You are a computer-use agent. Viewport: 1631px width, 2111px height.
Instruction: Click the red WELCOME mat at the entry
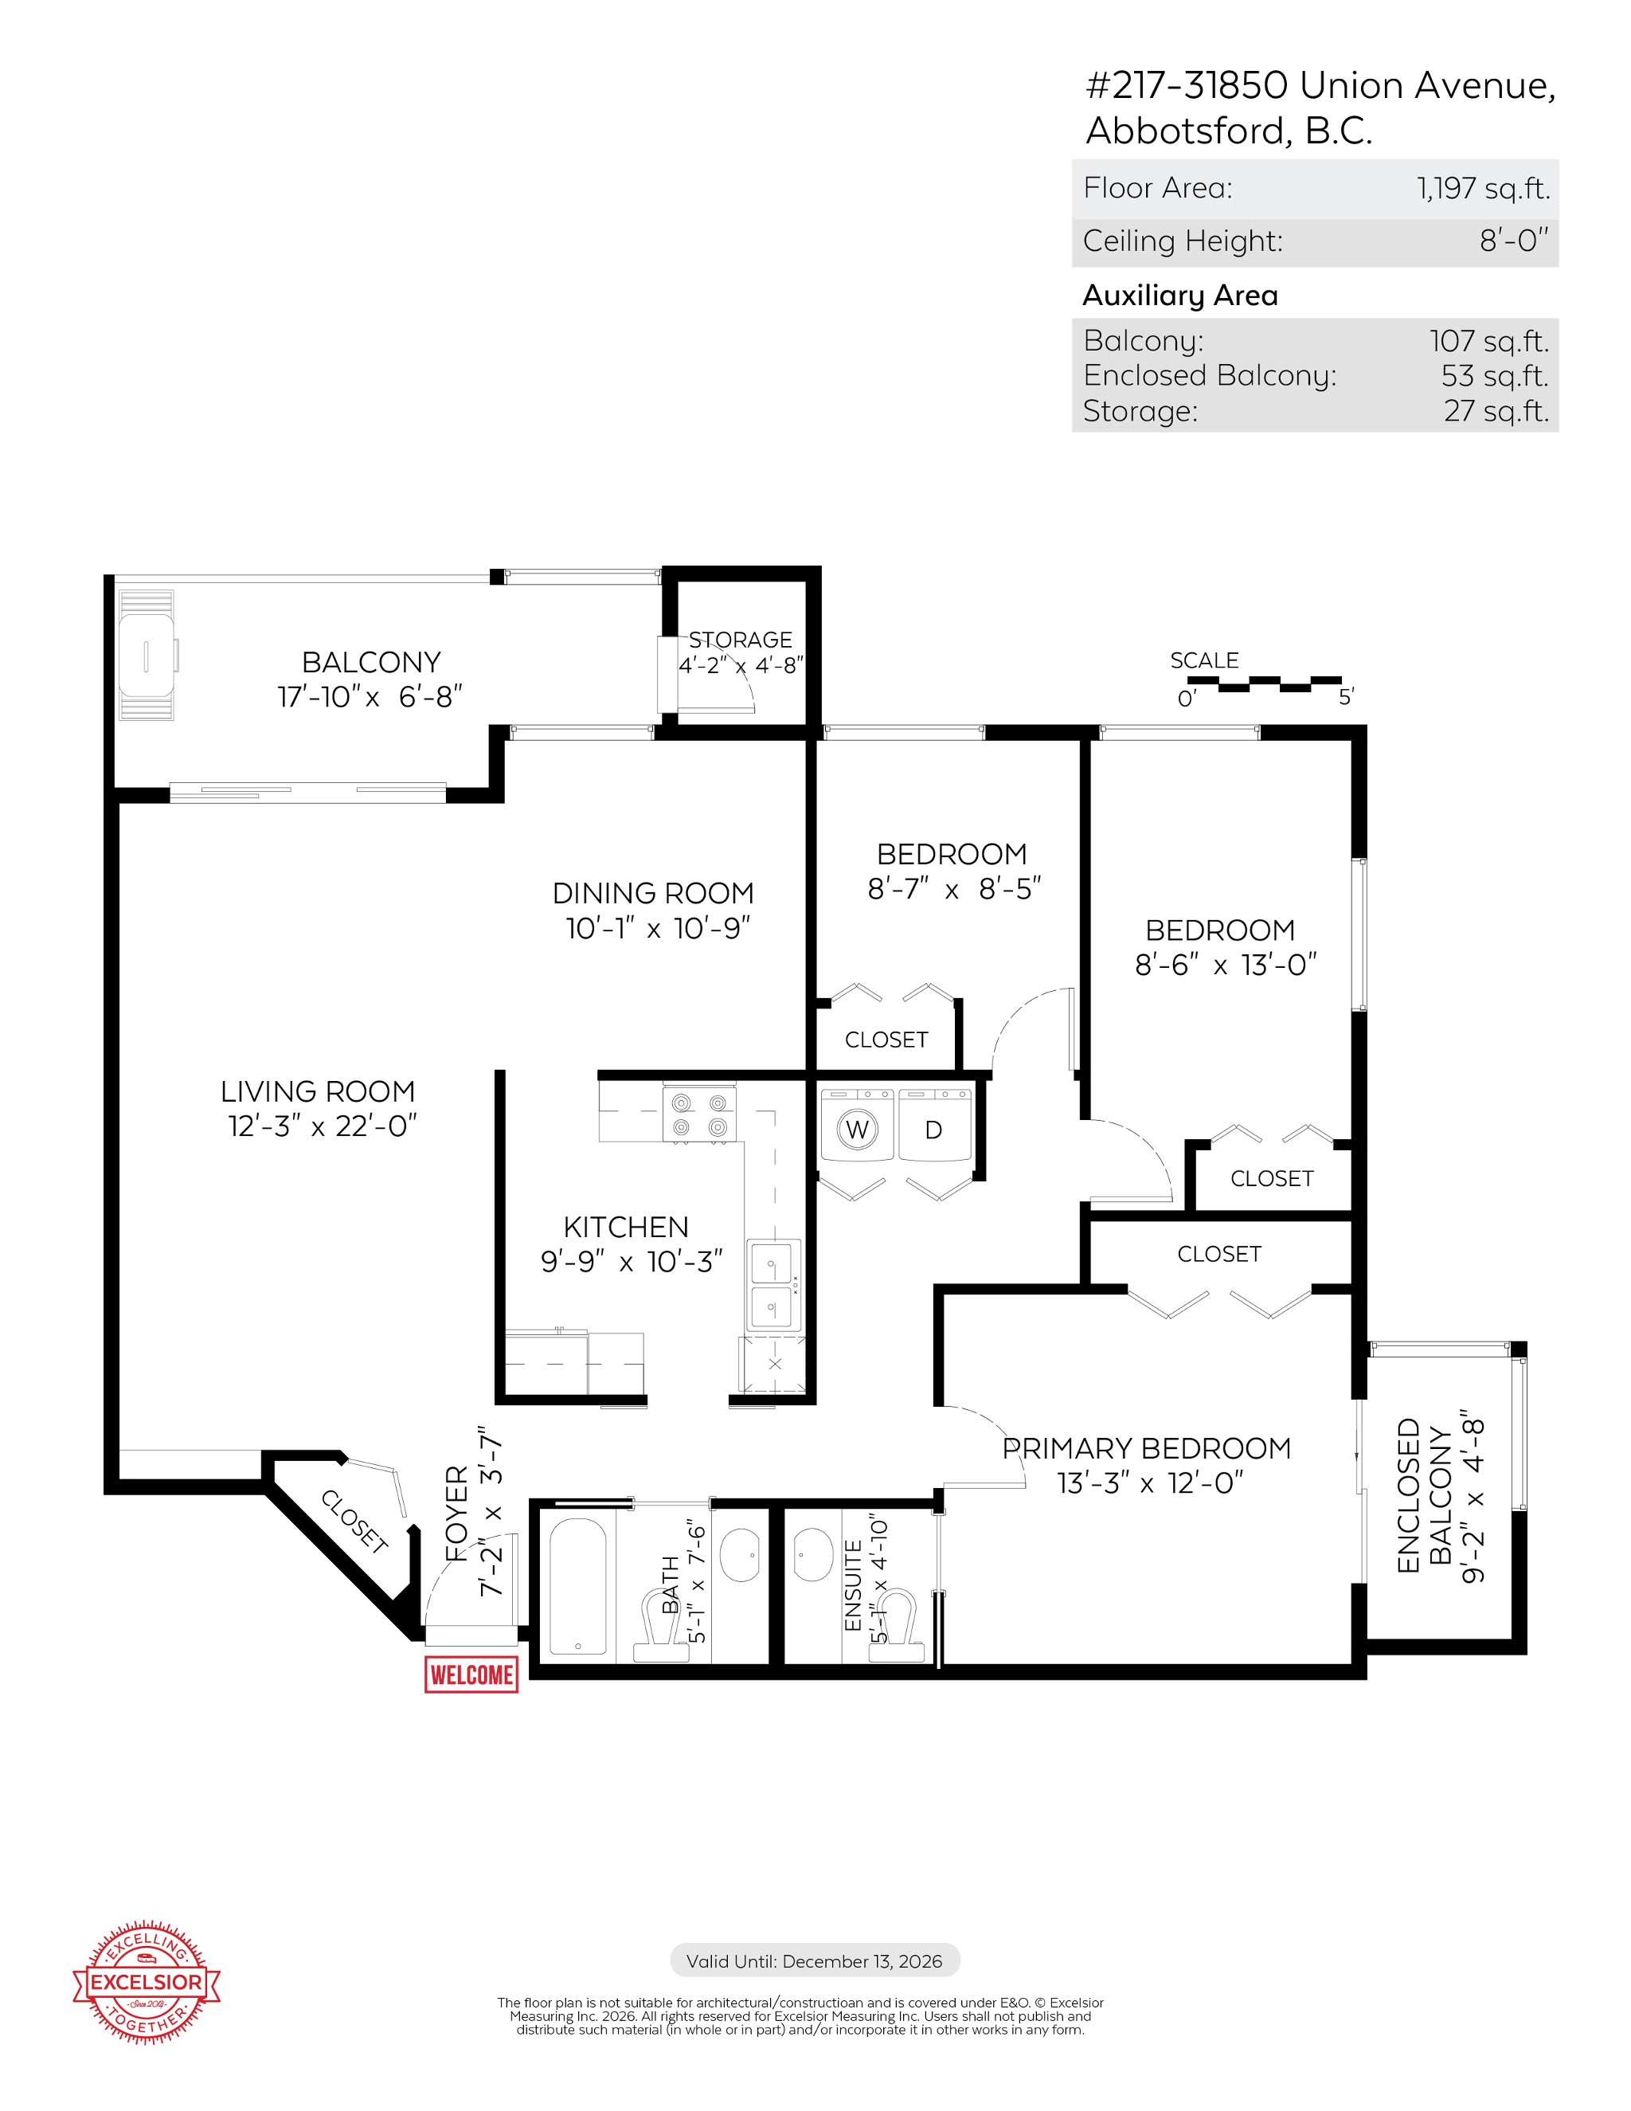point(471,1674)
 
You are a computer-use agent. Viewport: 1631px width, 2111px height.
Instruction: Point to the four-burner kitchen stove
point(699,1114)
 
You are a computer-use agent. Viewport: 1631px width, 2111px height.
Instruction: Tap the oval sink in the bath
point(739,1554)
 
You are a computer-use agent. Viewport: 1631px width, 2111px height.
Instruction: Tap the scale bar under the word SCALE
point(1264,684)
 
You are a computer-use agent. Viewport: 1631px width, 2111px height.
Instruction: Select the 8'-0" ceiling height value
point(1514,241)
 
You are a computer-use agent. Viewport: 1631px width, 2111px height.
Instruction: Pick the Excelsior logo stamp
point(147,1983)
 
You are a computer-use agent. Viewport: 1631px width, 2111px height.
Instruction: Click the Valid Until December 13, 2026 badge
point(815,1961)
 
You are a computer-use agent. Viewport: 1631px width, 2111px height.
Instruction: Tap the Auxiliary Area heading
point(1179,296)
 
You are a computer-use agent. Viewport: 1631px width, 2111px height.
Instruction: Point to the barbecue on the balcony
point(147,656)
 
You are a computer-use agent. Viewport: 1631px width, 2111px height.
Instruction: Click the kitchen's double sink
point(773,1285)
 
